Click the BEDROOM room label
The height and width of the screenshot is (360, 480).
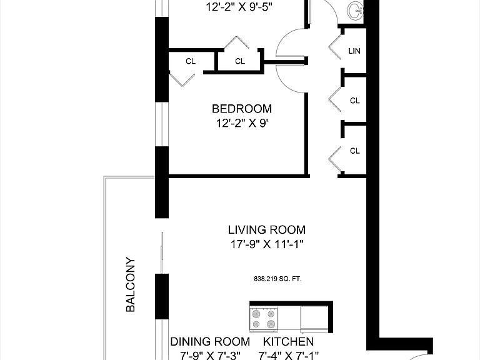(x=241, y=109)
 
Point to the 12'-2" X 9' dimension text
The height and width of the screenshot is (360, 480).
(x=242, y=123)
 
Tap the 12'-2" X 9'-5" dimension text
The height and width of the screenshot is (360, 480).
(x=239, y=7)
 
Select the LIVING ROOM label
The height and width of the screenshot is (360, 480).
(x=267, y=230)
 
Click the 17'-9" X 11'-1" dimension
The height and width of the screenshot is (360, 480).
(x=267, y=244)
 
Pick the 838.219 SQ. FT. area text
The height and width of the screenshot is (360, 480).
(x=277, y=279)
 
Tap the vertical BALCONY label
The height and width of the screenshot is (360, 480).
(x=131, y=284)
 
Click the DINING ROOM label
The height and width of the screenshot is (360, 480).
(x=210, y=342)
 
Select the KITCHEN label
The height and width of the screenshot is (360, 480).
(x=288, y=342)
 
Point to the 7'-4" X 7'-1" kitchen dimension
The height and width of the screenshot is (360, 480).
(x=288, y=356)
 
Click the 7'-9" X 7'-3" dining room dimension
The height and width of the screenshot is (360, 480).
(x=210, y=356)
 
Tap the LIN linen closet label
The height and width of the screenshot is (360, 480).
(x=354, y=51)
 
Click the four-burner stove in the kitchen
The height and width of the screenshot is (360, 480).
(x=264, y=319)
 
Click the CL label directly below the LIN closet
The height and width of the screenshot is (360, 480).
(x=355, y=101)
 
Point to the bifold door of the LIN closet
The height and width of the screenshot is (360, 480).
(x=335, y=47)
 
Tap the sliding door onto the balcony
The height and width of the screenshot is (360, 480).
(x=162, y=253)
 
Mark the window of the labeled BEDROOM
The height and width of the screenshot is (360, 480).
(x=162, y=124)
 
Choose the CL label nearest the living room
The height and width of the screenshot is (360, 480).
(x=355, y=151)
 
